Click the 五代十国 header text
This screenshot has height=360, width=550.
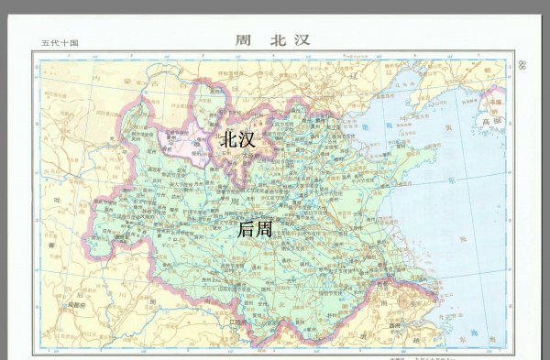60,43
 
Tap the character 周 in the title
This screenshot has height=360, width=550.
243,40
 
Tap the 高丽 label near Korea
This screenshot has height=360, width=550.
493,120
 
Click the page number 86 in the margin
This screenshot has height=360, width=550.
522,65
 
